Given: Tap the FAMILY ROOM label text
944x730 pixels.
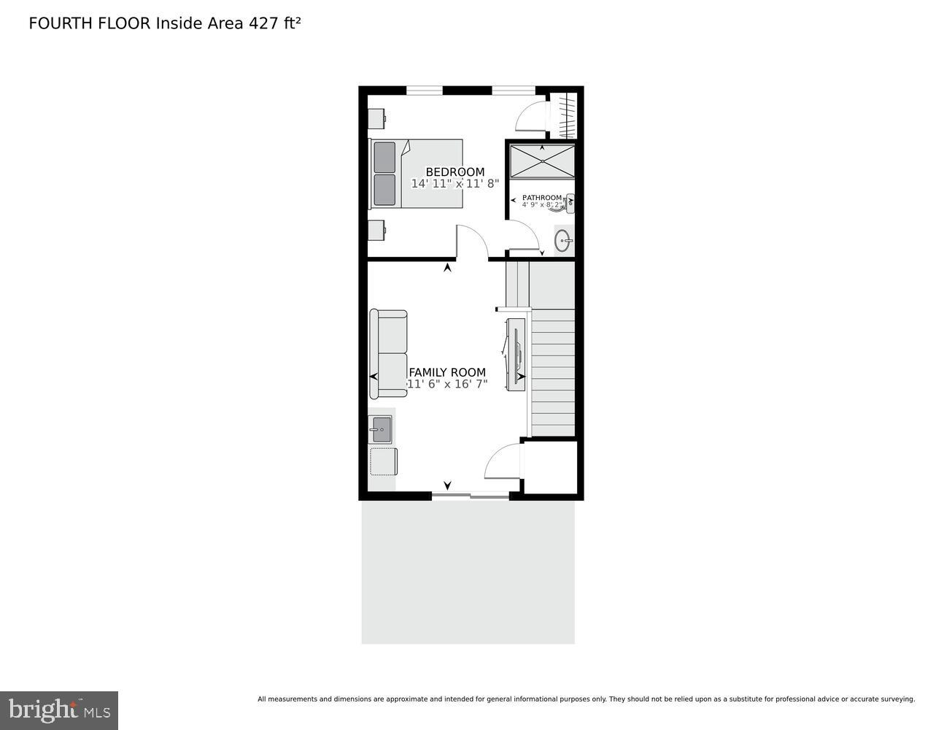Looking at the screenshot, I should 447,372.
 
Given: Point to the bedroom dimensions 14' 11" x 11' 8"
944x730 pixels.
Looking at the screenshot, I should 454,184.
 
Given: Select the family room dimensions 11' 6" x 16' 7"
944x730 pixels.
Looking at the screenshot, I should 447,384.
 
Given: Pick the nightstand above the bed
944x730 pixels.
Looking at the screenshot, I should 376,118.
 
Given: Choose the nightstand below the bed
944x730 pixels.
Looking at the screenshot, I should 376,230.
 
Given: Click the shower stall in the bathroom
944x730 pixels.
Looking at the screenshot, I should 542,161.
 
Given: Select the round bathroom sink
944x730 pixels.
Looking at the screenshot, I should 563,240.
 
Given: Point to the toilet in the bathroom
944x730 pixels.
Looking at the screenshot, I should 567,204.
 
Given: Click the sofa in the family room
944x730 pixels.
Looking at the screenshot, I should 388,354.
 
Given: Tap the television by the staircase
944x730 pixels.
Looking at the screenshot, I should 517,354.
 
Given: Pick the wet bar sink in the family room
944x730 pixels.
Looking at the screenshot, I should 382,429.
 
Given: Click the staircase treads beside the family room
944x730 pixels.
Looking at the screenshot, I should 552,372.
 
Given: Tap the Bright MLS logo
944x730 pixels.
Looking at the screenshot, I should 59,710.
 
